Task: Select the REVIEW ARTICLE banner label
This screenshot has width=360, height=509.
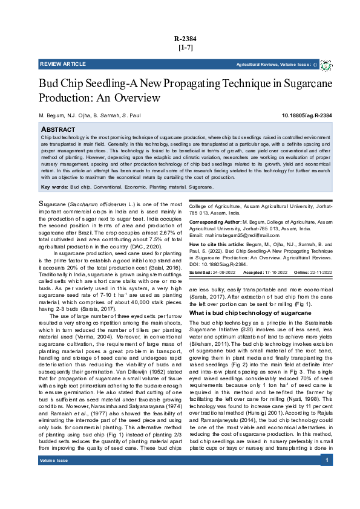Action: pos(63,64)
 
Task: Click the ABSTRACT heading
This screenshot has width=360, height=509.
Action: pos(58,130)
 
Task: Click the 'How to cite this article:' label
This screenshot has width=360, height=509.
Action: pos(220,257)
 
